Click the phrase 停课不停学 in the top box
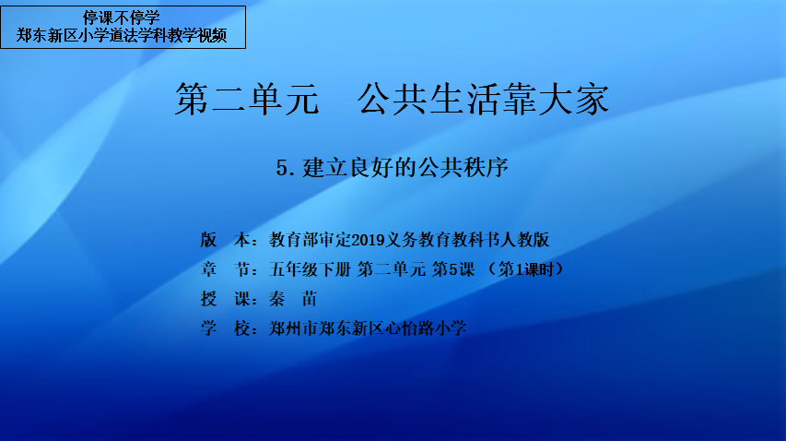pyautogui.click(x=122, y=18)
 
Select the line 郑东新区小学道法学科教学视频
pyautogui.click(x=122, y=35)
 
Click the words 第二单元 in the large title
pyautogui.click(x=247, y=99)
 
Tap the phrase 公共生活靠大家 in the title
pyautogui.click(x=483, y=99)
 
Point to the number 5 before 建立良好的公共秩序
pyautogui.click(x=282, y=168)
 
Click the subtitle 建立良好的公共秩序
pyautogui.click(x=405, y=167)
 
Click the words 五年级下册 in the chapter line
pyautogui.click(x=310, y=269)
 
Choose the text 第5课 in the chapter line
pyautogui.click(x=453, y=269)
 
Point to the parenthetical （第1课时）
pyautogui.click(x=526, y=269)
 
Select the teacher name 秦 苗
pyautogui.click(x=293, y=299)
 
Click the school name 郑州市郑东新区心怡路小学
pyautogui.click(x=368, y=328)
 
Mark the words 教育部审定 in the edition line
pyautogui.click(x=311, y=240)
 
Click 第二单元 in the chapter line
pyautogui.click(x=392, y=269)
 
